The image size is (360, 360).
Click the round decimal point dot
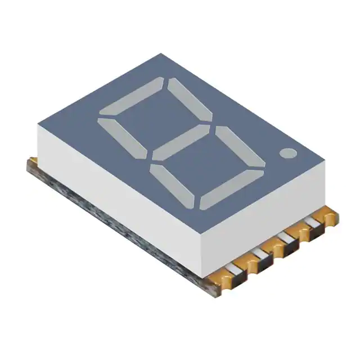tap(287, 152)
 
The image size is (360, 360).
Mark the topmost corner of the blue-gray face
tap(161, 54)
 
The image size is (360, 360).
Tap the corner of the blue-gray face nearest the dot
tap(325, 164)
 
